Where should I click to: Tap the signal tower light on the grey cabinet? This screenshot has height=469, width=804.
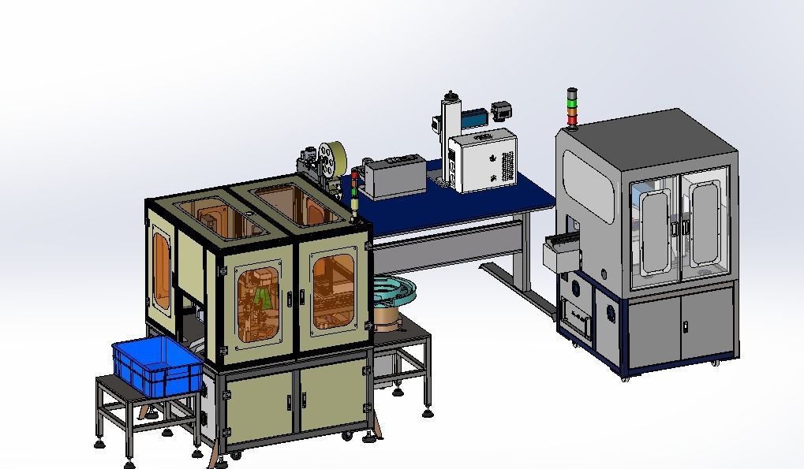pyautogui.click(x=572, y=107)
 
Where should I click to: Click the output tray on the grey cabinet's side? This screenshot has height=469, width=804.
pyautogui.click(x=560, y=251)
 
